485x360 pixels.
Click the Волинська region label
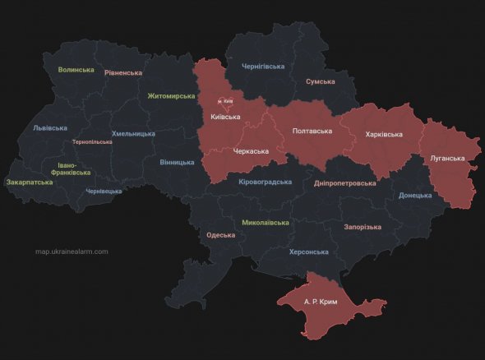pos(76,70)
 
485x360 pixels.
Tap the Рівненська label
pos(123,72)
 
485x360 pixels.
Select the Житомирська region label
pos(172,95)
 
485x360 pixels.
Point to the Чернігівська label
pos(263,66)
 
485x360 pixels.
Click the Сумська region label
pos(320,82)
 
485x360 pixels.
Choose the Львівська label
pos(51,128)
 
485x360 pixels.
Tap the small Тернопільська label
pos(92,142)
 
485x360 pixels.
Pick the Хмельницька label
pos(133,133)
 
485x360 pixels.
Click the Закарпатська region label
pos(30,182)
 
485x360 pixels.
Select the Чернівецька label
pos(104,191)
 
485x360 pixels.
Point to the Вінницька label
pos(178,162)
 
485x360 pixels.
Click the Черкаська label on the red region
pos(252,151)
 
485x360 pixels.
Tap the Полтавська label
pos(312,131)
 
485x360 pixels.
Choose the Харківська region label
pos(384,133)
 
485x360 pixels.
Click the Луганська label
pos(447,158)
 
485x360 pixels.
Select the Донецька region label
pos(415,196)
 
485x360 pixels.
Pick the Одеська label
pos(221,235)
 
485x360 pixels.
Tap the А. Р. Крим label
pos(320,302)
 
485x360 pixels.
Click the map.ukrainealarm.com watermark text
pos(72,252)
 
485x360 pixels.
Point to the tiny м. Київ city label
pos(225,101)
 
